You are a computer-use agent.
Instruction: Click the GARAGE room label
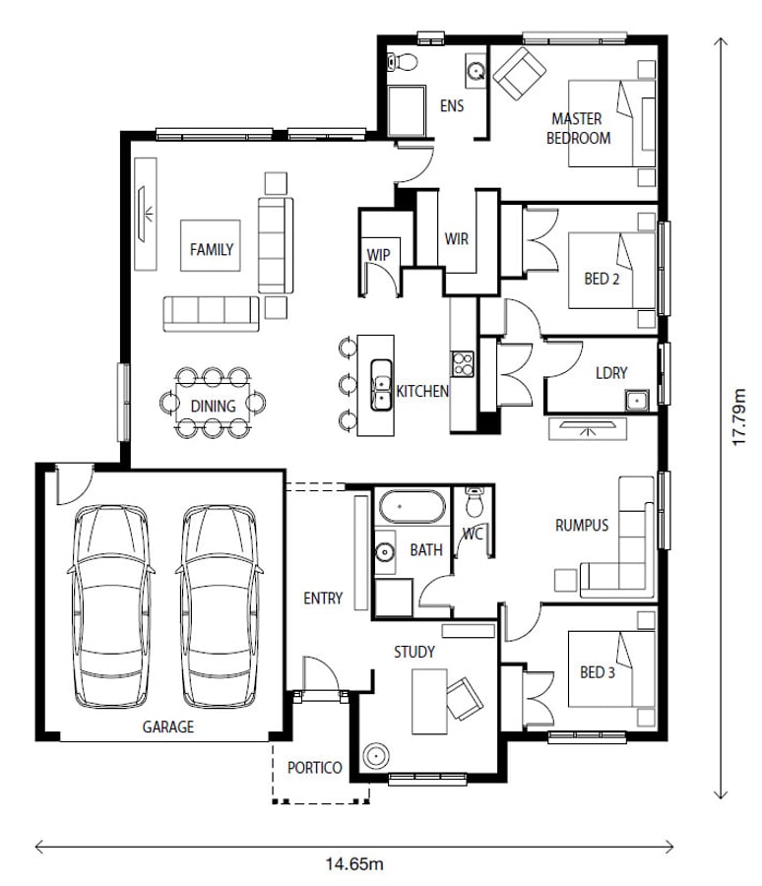point(168,727)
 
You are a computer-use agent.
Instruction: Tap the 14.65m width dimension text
point(354,864)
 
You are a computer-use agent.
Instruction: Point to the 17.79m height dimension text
point(739,417)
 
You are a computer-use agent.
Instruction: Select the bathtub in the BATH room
point(413,506)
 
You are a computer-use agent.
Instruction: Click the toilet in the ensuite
point(403,62)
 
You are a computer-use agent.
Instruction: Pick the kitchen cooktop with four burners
point(463,364)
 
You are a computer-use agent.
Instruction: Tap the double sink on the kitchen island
point(381,385)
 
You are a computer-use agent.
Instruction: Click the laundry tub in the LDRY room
point(637,400)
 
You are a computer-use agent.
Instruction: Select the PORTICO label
point(314,768)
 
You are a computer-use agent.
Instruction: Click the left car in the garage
point(111,605)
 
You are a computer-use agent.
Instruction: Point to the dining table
point(213,403)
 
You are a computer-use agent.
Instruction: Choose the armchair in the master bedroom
point(520,74)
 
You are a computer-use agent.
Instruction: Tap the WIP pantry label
point(378,255)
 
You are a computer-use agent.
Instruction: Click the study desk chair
point(465,698)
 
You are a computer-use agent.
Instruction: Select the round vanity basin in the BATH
point(385,551)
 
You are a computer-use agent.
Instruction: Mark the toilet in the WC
point(475,502)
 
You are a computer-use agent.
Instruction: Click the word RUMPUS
point(582,526)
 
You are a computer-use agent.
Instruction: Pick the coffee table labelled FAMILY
point(211,246)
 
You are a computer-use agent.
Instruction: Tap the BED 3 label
point(597,672)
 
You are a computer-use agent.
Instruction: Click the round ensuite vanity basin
point(476,71)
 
